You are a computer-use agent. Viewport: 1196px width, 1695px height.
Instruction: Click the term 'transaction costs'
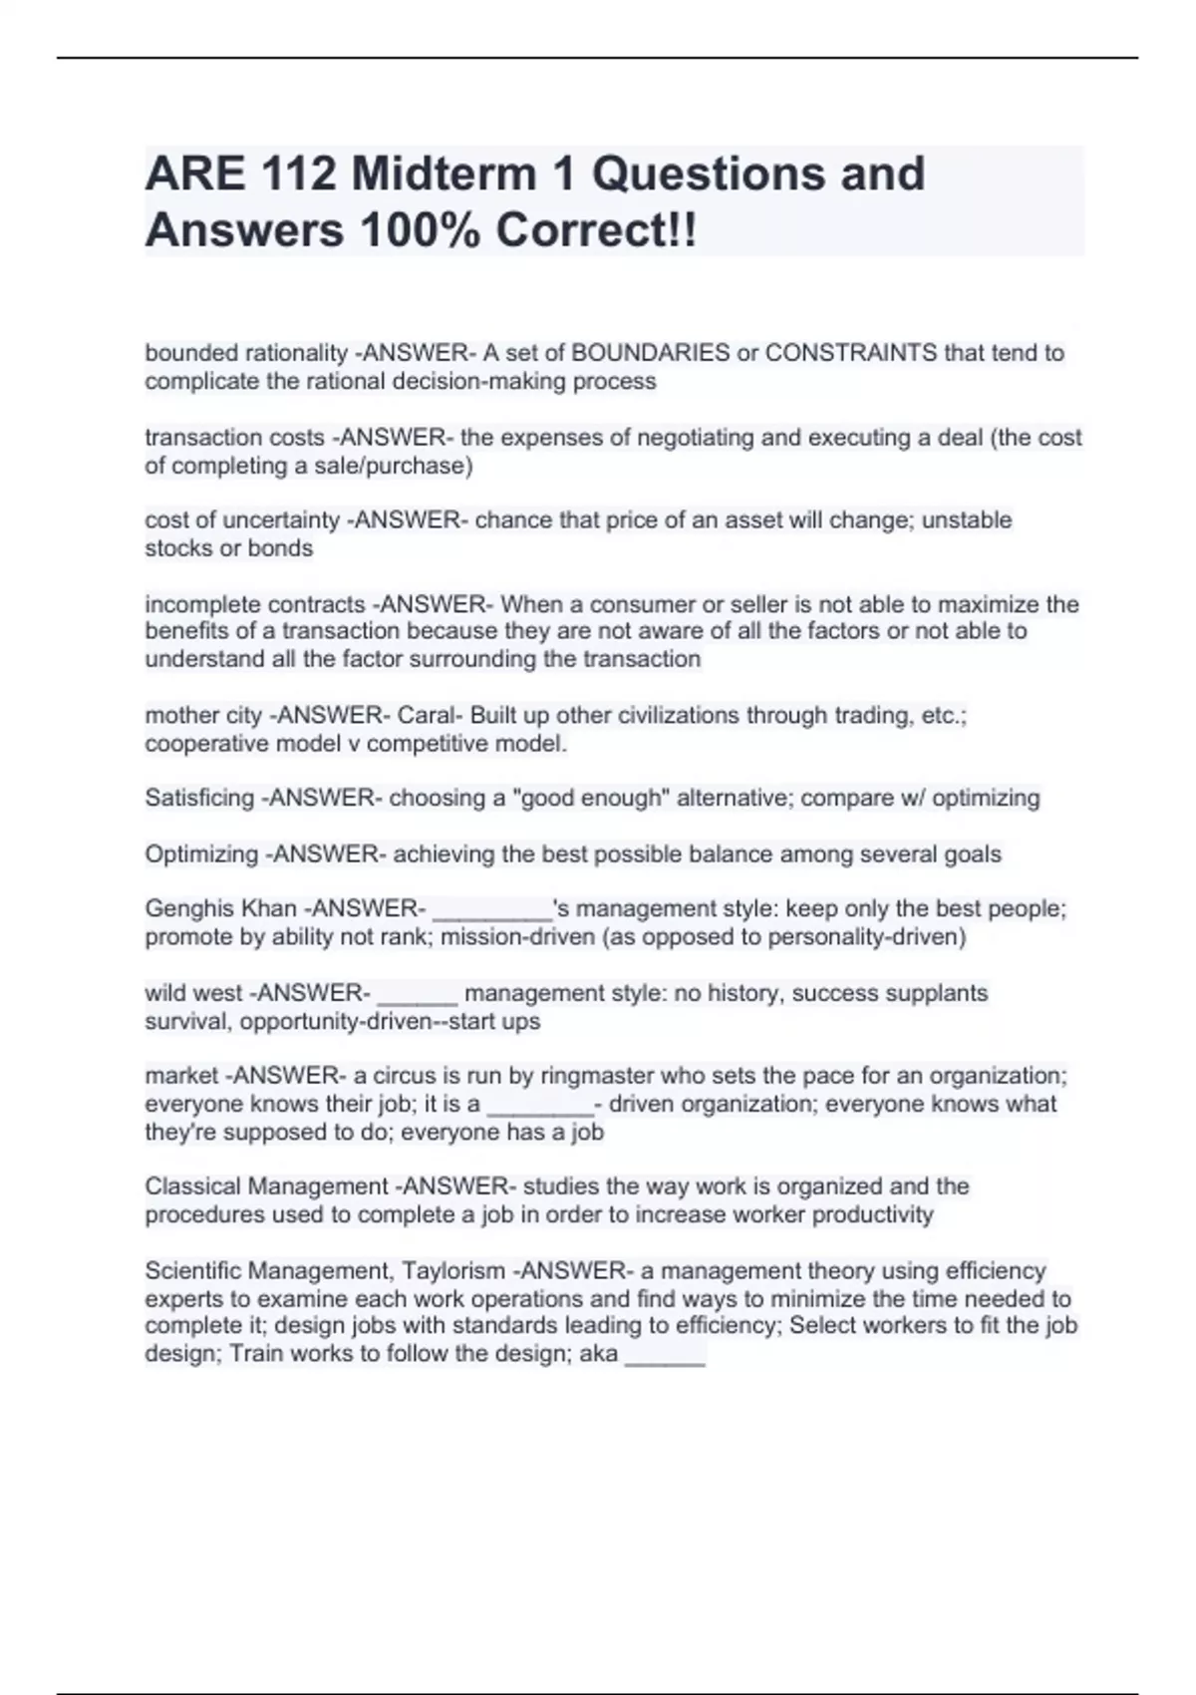coord(234,438)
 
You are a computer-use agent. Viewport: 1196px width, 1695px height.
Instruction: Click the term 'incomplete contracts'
coord(255,604)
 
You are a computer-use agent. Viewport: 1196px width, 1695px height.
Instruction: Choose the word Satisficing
coord(199,799)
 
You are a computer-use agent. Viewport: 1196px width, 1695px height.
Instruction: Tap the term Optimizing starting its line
coord(201,854)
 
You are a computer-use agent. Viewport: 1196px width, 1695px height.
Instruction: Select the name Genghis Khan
coord(220,909)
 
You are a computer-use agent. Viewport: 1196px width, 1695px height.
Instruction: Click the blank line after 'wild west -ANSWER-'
coord(418,995)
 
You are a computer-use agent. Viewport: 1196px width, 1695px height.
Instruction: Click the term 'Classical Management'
coord(266,1187)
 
